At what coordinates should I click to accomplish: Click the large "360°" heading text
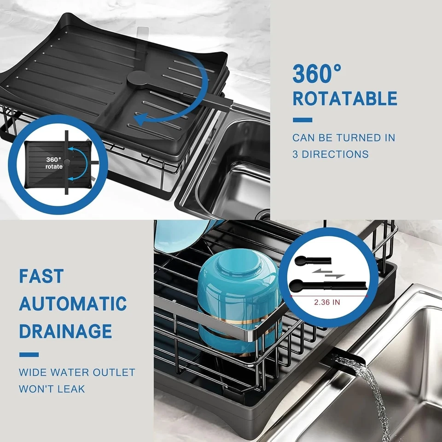click(317, 74)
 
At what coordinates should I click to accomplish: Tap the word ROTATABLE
click(345, 99)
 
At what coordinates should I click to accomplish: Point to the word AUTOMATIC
click(73, 304)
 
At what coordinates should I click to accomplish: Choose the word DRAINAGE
click(65, 331)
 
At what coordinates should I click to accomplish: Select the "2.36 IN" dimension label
click(327, 302)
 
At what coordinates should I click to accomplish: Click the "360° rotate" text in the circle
click(54, 163)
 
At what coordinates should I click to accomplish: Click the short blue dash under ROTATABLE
click(302, 120)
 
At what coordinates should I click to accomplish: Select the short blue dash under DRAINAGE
click(29, 355)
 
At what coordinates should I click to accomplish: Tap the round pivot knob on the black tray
click(137, 79)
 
